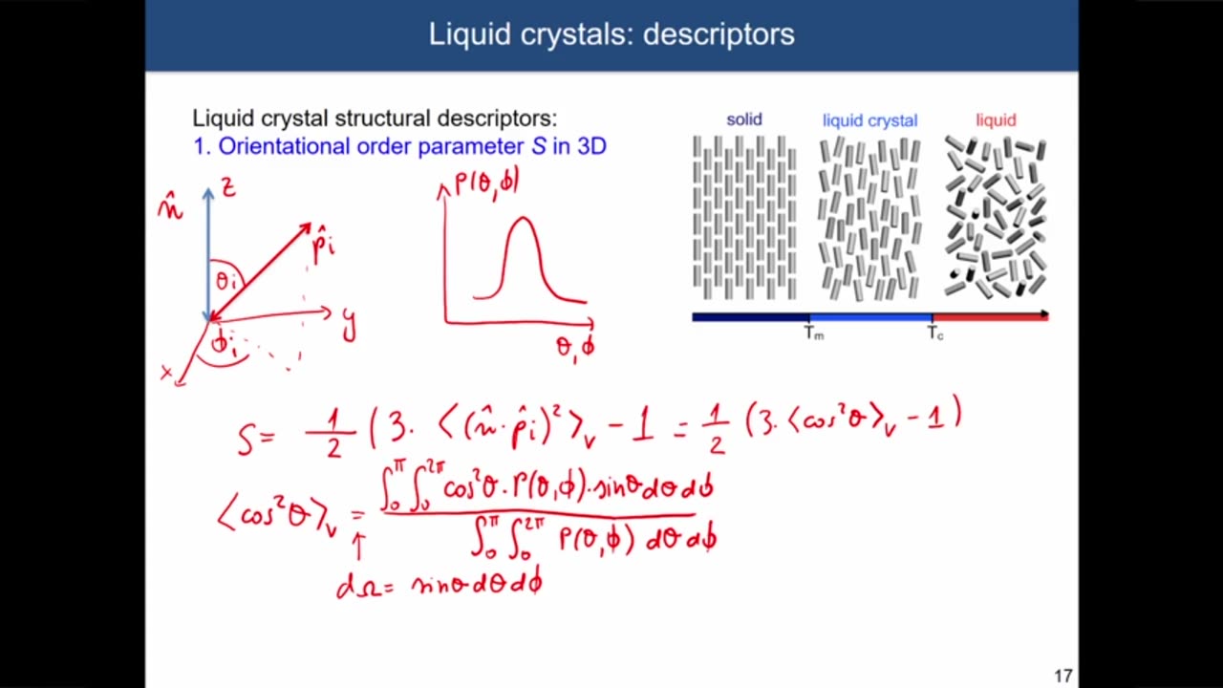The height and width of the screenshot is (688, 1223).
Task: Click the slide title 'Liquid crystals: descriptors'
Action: coord(611,34)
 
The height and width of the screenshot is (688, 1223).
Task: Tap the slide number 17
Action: coord(1062,676)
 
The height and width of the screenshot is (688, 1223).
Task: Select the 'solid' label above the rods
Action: coord(743,119)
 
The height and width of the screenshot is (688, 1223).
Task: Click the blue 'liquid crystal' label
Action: coord(869,120)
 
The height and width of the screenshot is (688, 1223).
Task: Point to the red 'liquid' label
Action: coord(995,119)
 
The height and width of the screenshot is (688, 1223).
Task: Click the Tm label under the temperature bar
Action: coord(813,333)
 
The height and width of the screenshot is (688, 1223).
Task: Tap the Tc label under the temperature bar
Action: coord(934,333)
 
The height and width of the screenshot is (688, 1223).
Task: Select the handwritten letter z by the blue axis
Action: coord(227,187)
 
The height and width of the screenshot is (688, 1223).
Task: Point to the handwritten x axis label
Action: coord(168,373)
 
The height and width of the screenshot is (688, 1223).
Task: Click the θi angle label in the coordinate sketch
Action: coord(226,281)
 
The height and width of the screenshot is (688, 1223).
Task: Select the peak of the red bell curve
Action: coord(522,220)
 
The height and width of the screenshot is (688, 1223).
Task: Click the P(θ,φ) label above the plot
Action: coord(486,181)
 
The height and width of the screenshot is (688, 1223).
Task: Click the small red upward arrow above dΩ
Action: coord(359,546)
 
